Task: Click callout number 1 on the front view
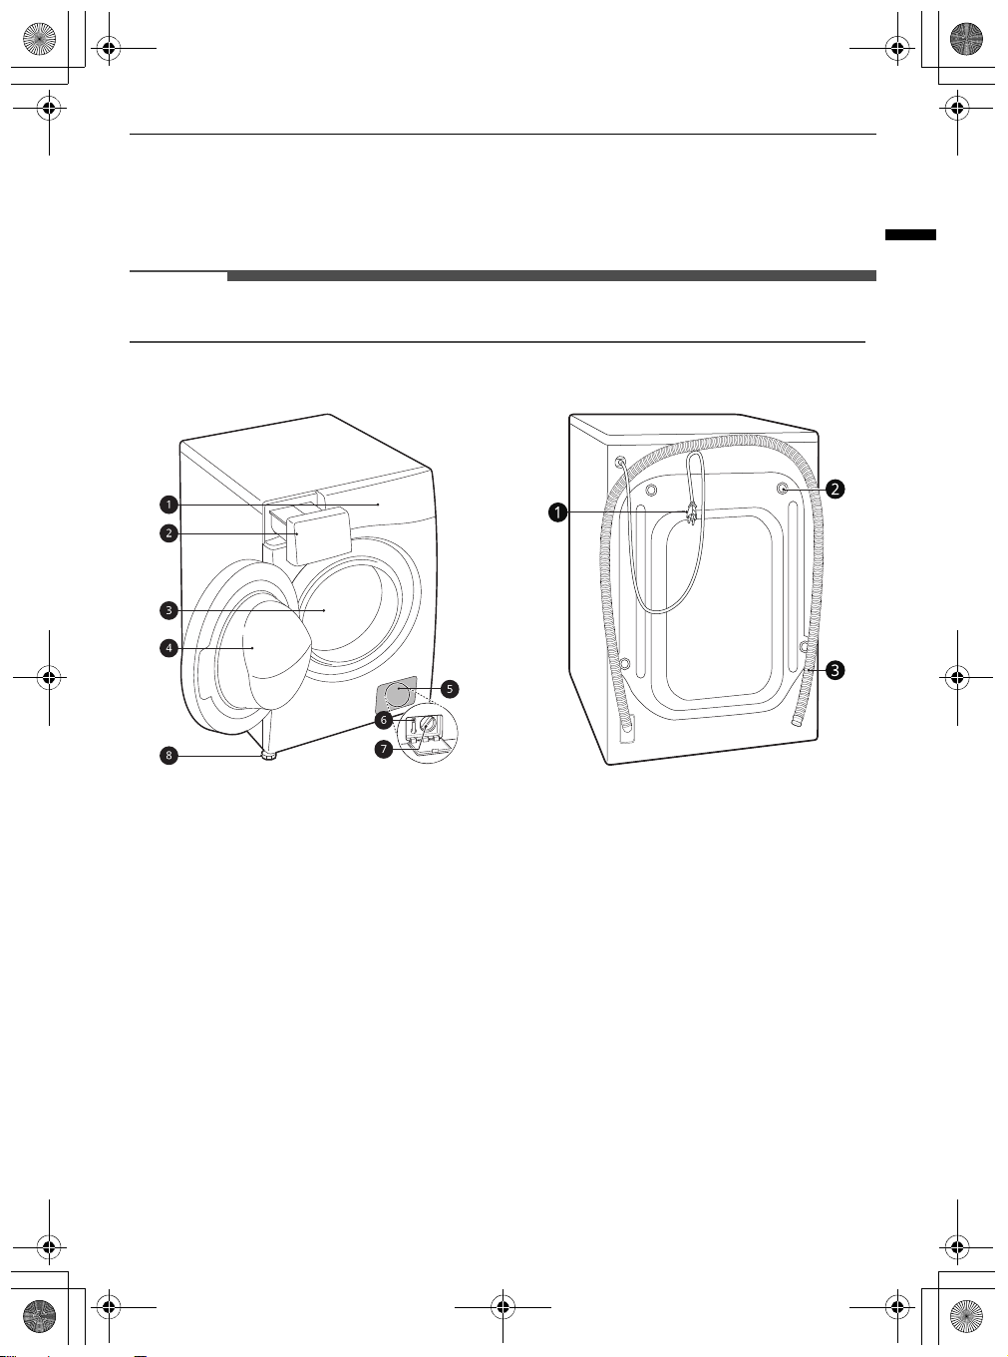point(168,505)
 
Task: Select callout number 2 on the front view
point(168,532)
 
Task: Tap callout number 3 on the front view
point(168,610)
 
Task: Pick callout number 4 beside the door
point(168,648)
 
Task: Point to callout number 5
point(450,689)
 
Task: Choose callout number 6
point(384,720)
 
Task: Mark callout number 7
point(384,749)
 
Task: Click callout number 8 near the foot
point(168,756)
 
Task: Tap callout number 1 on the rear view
point(557,512)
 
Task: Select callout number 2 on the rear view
point(836,489)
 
